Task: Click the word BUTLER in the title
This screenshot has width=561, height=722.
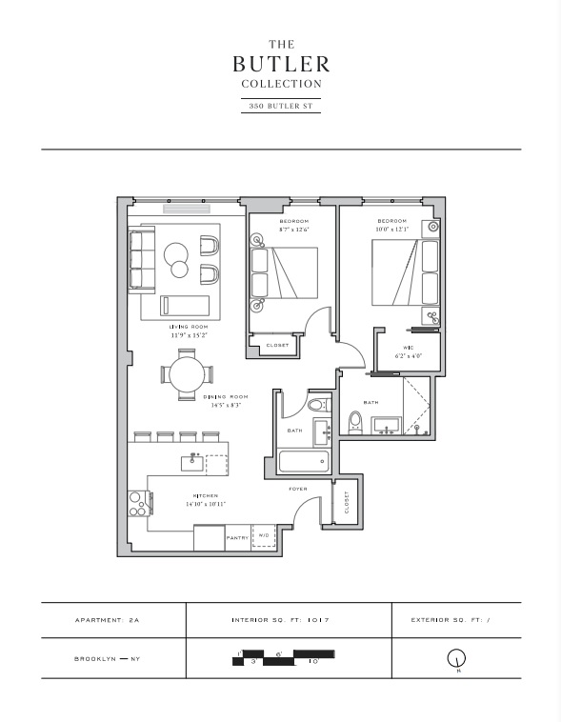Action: click(x=281, y=64)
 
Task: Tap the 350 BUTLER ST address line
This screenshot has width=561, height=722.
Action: click(x=281, y=106)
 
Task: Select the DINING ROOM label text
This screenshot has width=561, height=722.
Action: click(x=225, y=396)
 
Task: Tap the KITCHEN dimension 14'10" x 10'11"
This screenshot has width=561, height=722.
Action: click(x=206, y=503)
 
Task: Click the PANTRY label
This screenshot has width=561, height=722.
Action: click(x=237, y=537)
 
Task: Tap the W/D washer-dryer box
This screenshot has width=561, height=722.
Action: click(x=263, y=536)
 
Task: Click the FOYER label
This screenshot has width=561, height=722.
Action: click(x=298, y=489)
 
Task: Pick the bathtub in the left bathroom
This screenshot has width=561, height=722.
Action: click(x=304, y=464)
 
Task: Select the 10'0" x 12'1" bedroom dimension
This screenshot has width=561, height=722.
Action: click(x=391, y=229)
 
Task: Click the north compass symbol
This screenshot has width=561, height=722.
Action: click(x=456, y=658)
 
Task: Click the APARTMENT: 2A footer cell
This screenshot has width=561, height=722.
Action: click(x=113, y=619)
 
